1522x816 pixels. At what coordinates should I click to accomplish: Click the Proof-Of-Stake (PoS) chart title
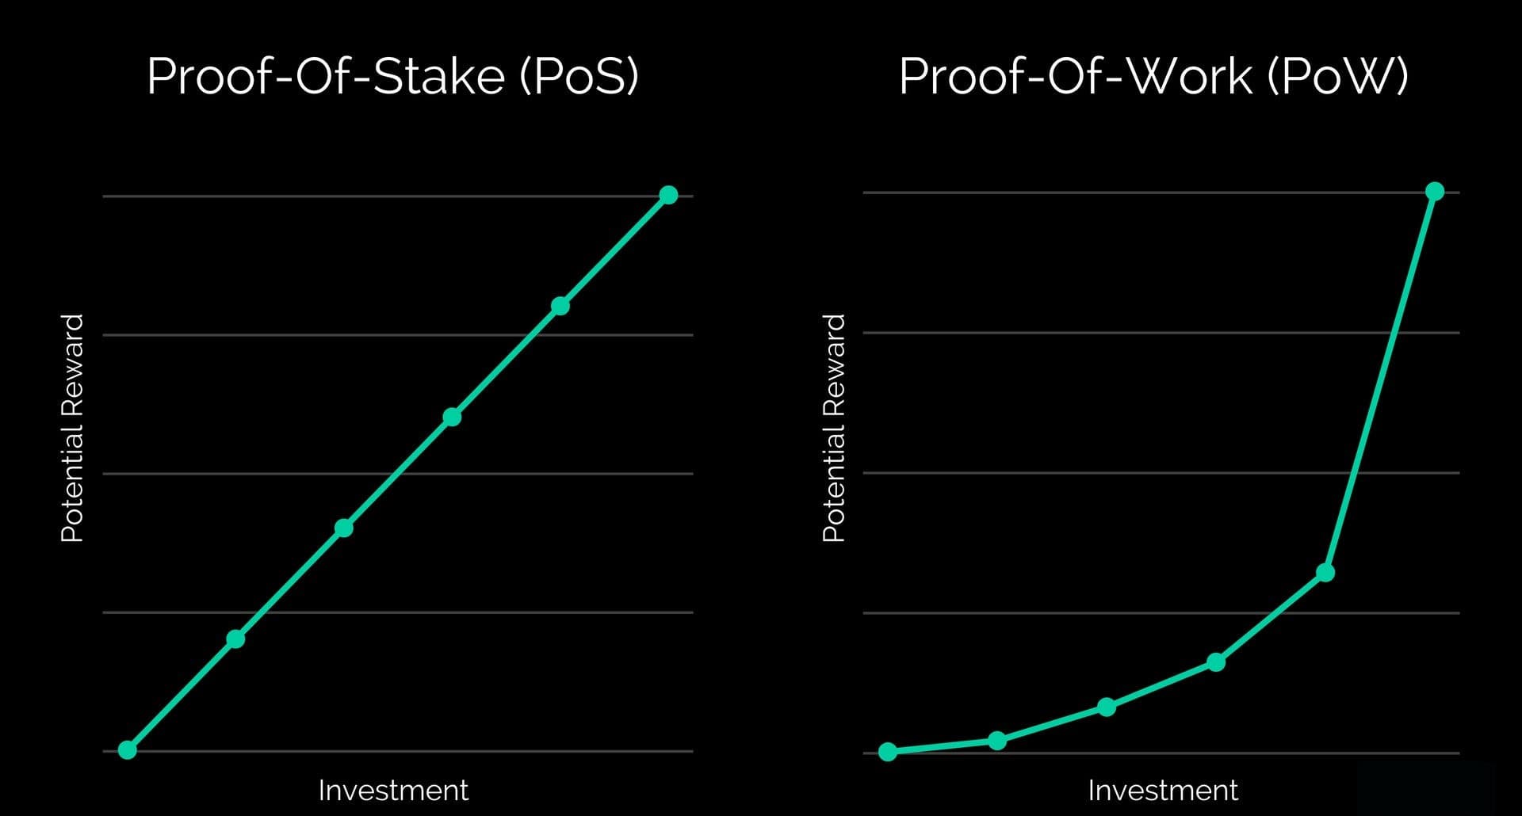(392, 77)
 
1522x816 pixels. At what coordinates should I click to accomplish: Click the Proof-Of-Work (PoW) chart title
(1153, 77)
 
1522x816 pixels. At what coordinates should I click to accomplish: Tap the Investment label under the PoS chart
(393, 790)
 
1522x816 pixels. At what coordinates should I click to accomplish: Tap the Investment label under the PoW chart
(1162, 790)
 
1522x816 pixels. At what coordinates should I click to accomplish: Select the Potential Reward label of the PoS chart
(72, 428)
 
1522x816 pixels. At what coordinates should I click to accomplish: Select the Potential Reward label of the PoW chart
(834, 428)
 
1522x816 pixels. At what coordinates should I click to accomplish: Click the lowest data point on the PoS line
(127, 749)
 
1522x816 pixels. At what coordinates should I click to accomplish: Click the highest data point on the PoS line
(668, 195)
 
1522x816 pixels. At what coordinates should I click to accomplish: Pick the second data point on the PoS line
(235, 639)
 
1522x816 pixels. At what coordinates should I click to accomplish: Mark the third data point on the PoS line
(343, 528)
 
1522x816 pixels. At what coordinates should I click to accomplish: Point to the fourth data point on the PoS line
(452, 417)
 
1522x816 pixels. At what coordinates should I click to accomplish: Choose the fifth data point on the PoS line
(560, 306)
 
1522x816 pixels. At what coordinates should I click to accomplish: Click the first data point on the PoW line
(888, 751)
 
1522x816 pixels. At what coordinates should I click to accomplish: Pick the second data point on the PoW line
(997, 741)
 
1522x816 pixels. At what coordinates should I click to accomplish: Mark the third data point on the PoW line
(1107, 707)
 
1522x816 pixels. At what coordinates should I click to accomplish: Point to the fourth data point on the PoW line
(1216, 662)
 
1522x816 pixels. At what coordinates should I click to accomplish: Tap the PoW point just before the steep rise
(1325, 572)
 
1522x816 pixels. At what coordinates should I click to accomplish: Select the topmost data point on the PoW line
(1434, 191)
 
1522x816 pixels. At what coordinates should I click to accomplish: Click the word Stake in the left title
(438, 77)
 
